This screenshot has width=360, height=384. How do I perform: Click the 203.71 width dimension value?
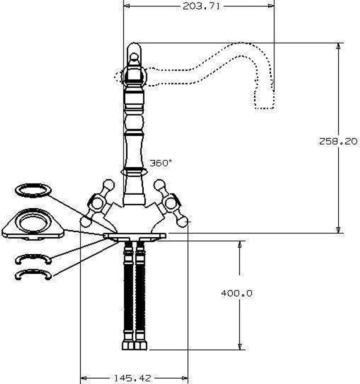pos(201,6)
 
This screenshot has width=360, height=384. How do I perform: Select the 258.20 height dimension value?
pos(338,141)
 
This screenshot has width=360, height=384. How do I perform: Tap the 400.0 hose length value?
pos(236,293)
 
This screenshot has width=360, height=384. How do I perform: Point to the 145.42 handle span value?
pos(133,378)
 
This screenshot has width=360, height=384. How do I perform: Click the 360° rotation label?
pos(161,163)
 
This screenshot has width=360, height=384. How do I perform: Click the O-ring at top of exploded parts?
pos(33,190)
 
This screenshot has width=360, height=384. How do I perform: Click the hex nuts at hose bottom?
pos(135,345)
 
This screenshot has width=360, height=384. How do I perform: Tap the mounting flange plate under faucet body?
pos(134,236)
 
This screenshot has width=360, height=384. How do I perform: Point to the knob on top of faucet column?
pos(134,57)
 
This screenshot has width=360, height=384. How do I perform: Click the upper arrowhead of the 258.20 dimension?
pos(338,46)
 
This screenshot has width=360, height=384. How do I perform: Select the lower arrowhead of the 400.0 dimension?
pos(240,346)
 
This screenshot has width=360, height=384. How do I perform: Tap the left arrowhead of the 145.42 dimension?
pos(84,378)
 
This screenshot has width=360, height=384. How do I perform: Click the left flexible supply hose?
pos(128,292)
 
